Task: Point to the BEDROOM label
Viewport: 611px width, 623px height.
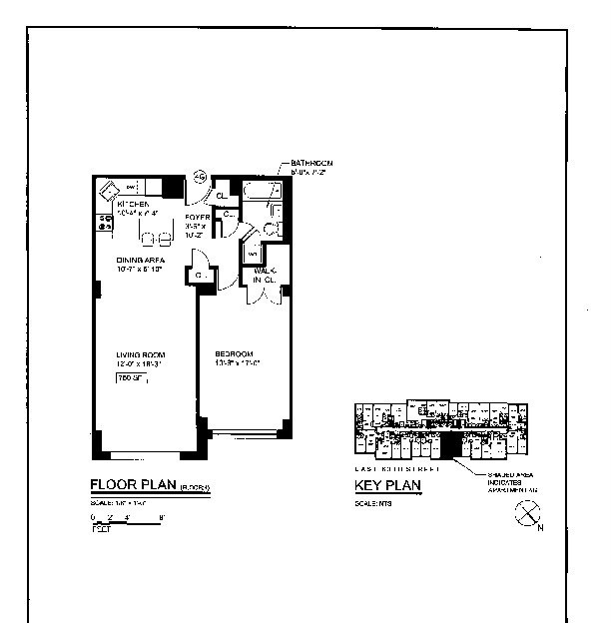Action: (x=236, y=354)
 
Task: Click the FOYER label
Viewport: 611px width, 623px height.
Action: (x=196, y=217)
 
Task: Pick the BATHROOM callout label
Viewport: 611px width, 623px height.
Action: (x=311, y=163)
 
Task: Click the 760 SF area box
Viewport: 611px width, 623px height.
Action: (x=128, y=378)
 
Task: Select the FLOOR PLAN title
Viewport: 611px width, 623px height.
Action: (x=134, y=486)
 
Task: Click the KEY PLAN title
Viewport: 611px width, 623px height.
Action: (x=388, y=486)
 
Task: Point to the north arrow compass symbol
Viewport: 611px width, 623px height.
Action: (x=526, y=514)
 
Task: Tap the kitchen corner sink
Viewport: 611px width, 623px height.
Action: (x=108, y=191)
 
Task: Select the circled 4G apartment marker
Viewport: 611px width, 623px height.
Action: (x=200, y=177)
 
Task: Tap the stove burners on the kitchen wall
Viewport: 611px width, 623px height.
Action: (x=104, y=224)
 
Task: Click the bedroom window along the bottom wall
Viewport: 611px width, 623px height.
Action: (x=244, y=433)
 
